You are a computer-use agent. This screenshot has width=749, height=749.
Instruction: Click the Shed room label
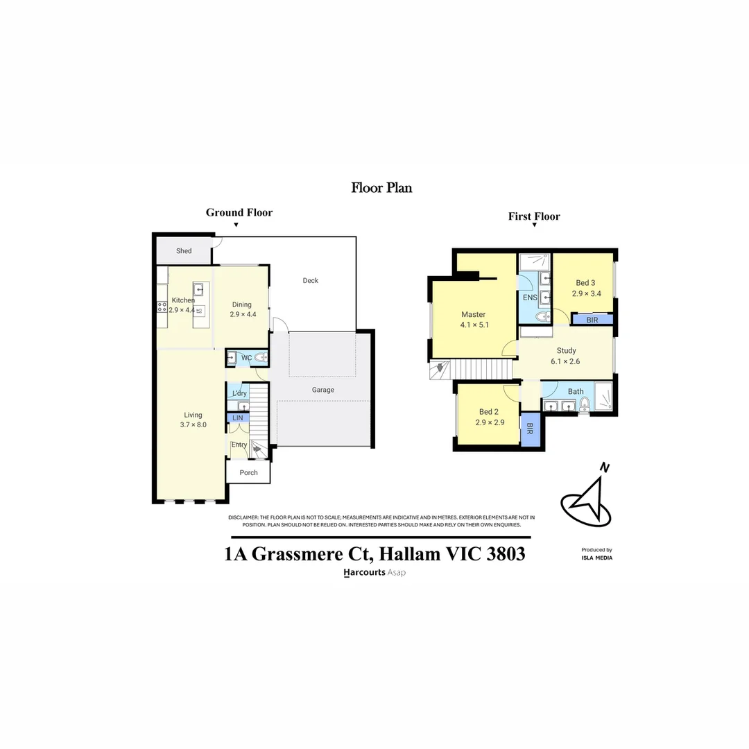click(184, 251)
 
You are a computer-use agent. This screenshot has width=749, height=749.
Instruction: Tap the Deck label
click(311, 281)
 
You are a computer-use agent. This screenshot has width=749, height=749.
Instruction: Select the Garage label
click(322, 390)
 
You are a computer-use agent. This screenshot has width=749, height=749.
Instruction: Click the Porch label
click(248, 473)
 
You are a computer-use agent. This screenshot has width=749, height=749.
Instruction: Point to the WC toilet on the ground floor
click(259, 358)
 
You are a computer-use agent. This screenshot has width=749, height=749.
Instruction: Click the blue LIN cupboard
click(238, 418)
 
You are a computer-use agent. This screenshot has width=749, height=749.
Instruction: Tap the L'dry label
click(239, 394)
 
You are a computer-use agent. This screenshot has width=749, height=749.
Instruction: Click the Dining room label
click(242, 304)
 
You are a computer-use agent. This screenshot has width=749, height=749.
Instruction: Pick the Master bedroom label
click(474, 314)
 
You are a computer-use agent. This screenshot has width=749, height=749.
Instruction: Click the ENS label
click(530, 298)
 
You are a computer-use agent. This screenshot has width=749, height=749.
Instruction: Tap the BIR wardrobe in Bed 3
click(592, 320)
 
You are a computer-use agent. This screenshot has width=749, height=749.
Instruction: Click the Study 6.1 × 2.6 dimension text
click(566, 361)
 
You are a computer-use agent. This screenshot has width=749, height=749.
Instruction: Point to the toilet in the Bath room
click(584, 406)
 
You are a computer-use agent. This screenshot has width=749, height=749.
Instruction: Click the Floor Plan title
click(381, 187)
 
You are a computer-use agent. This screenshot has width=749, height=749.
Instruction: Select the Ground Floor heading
click(239, 213)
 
